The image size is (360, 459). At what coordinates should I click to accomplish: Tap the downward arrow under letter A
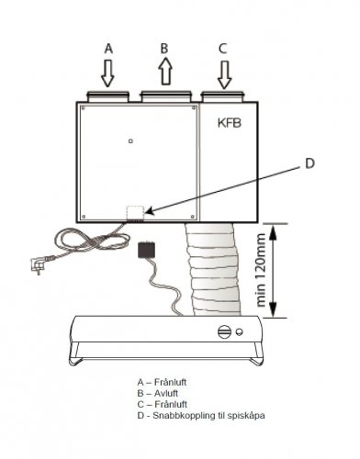tap(107, 73)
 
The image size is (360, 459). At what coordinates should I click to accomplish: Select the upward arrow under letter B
tap(164, 73)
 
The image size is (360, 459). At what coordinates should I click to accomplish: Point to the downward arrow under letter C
tap(223, 73)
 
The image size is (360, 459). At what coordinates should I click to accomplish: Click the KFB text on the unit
tap(230, 122)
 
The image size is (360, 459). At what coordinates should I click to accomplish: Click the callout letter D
tap(309, 163)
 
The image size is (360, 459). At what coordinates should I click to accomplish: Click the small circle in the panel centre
tap(131, 140)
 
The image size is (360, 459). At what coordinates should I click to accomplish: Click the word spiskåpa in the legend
tap(246, 416)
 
